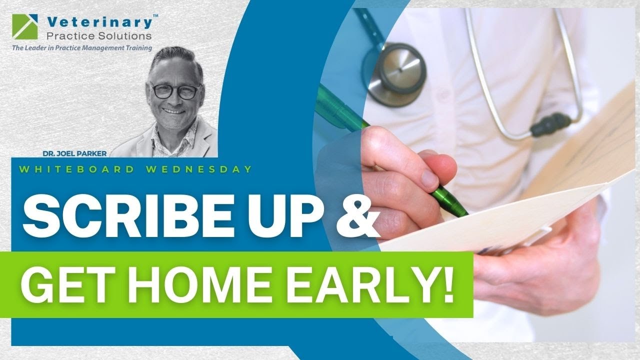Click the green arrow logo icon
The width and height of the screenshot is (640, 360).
point(23,25)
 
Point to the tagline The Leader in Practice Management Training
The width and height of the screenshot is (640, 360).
point(82,48)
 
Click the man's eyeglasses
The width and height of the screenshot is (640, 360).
point(174,91)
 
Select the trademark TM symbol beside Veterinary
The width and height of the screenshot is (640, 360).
point(155,16)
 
